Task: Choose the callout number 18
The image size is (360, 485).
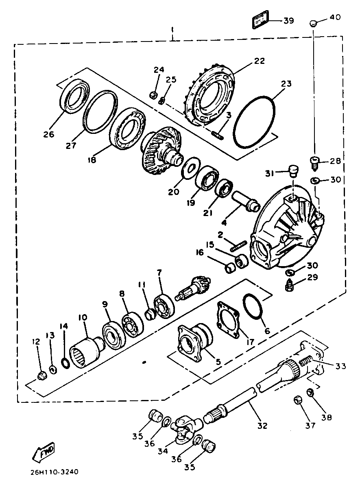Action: tap(92, 160)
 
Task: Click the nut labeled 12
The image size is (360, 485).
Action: tap(41, 376)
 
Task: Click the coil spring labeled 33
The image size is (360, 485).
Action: tap(307, 361)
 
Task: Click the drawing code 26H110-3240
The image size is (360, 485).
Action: tap(54, 473)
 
